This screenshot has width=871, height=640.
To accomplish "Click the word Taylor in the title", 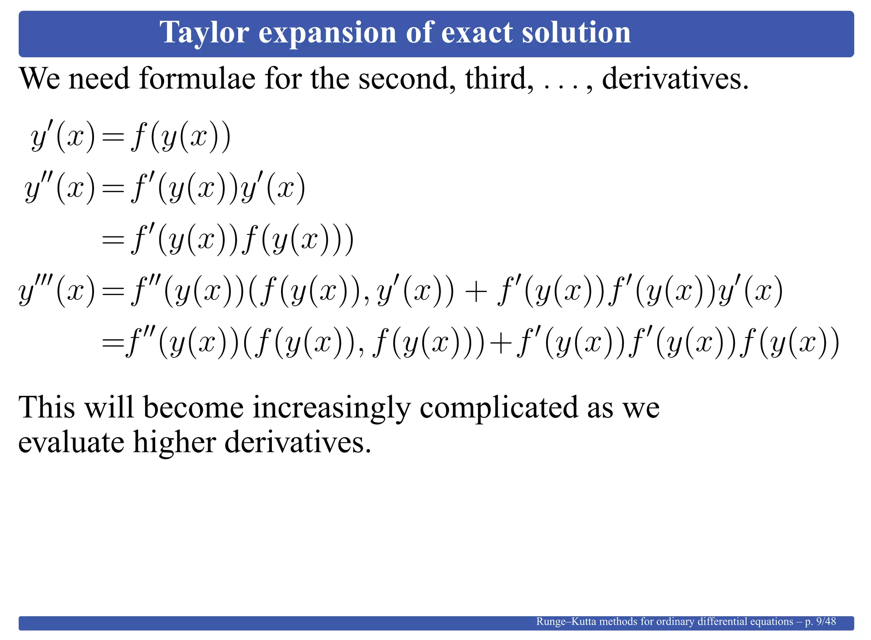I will (204, 33).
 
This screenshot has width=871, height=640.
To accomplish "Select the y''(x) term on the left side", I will (60, 188).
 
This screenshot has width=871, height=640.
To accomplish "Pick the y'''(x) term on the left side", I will (57, 291).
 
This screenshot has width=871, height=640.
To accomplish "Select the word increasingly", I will (331, 408).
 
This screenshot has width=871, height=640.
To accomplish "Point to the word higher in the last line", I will (175, 442).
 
